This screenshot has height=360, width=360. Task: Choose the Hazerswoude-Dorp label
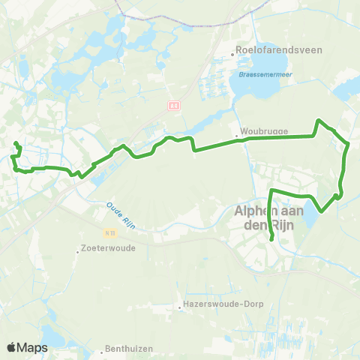[x=217, y=305]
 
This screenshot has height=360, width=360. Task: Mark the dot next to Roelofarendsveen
[x=232, y=51]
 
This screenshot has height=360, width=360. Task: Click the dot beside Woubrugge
[x=237, y=136]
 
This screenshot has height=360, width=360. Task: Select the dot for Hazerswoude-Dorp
[x=180, y=305]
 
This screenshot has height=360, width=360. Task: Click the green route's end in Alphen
[x=271, y=240]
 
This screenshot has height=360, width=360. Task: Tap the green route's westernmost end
[x=16, y=142]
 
